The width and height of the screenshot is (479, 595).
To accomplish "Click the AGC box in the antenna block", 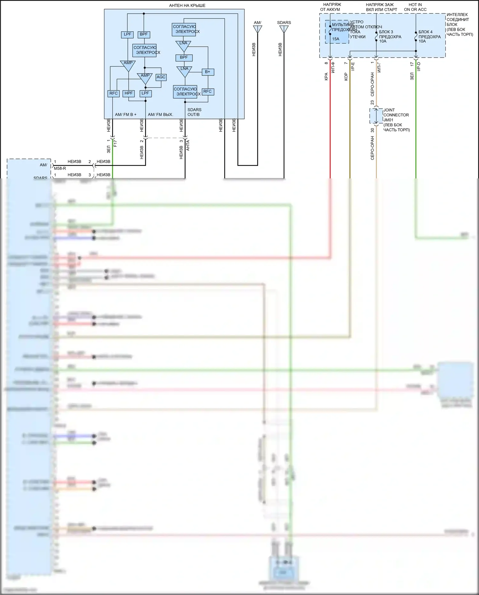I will pos(161,77).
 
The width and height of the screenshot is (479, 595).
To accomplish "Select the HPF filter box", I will pos(128,93).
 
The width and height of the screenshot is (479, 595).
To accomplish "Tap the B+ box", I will pos(208,72).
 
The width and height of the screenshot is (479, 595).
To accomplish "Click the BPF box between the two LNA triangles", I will pos(184,58).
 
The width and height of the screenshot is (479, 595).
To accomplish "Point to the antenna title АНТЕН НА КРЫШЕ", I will pos(187,5).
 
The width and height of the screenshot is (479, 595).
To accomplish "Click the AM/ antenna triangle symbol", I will pos(257,29).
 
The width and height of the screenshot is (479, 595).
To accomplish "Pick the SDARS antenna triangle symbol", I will pos(284,29).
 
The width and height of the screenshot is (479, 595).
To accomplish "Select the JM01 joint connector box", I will pos(376,116).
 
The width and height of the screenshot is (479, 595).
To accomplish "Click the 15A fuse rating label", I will pos(336,39).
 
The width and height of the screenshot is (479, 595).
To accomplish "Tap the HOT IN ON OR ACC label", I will pos(415,7).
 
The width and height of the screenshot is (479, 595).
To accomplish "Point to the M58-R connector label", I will pos(60,168).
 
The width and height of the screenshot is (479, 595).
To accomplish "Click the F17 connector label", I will pos(115,143).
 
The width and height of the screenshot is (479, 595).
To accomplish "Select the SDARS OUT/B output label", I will pos(194,112).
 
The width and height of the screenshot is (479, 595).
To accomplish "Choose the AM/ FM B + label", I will pos(125,114).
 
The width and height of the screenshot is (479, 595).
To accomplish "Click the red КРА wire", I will pos(330,128).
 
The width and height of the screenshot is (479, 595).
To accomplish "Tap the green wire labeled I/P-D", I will pos(416,128).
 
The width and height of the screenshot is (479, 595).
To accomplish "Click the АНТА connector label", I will pos(188,145).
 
